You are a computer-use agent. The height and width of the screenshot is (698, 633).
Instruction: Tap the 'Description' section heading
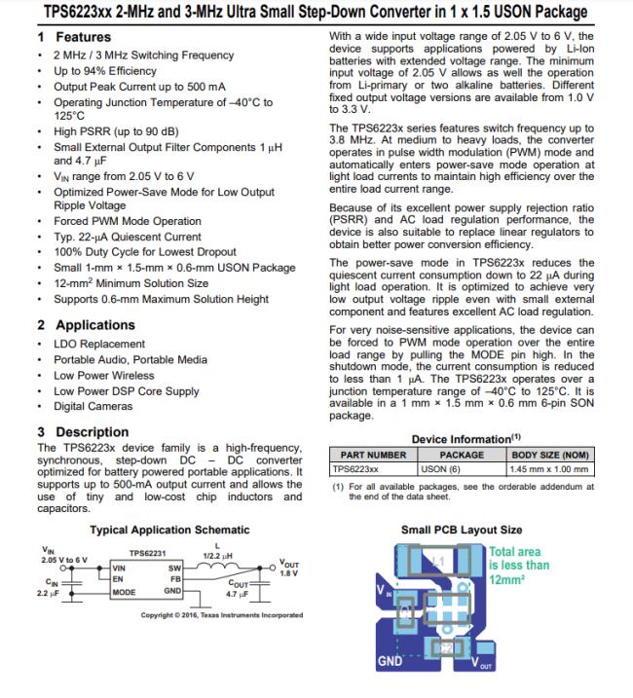(x=92, y=431)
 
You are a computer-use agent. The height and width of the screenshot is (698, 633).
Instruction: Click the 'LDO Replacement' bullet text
(x=101, y=344)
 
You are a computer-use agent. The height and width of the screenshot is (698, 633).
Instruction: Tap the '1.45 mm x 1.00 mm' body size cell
(x=550, y=468)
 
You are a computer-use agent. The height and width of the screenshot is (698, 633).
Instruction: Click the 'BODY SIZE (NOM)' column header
(x=550, y=455)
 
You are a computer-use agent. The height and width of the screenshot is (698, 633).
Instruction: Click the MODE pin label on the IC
(x=124, y=591)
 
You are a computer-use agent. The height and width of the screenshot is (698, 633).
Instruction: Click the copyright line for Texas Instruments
(x=221, y=615)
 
